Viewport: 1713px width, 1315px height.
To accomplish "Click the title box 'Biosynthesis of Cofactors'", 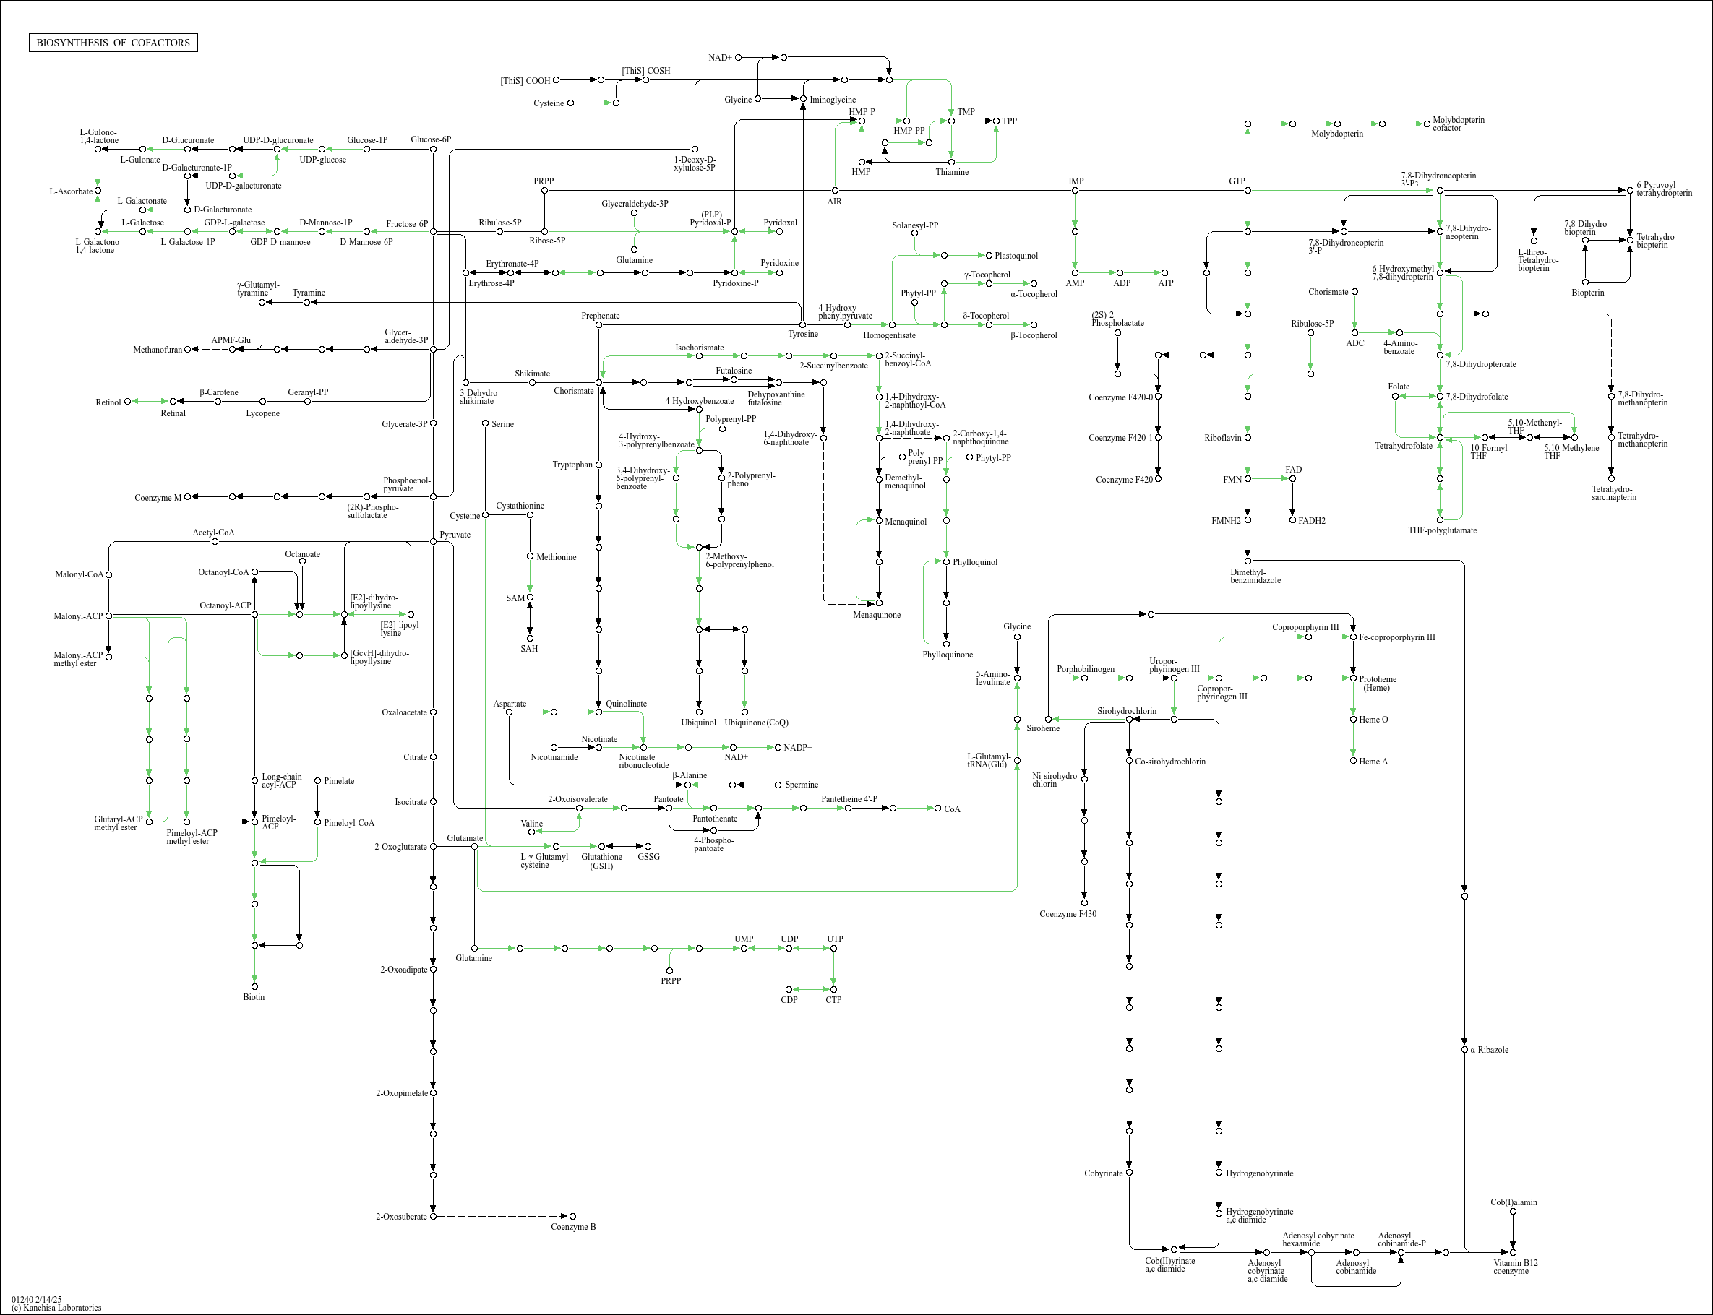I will click(x=113, y=42).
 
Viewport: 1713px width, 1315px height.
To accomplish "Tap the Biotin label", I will click(x=254, y=997).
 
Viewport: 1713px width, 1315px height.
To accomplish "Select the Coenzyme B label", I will click(x=573, y=1227).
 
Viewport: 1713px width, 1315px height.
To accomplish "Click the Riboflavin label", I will click(x=1222, y=438).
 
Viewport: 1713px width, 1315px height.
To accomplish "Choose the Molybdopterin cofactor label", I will click(x=1458, y=124).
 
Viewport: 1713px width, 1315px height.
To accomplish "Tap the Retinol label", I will click(x=108, y=402).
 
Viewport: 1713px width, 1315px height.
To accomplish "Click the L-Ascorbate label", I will click(x=70, y=191).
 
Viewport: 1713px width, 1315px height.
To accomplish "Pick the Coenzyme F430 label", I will click(x=1068, y=913).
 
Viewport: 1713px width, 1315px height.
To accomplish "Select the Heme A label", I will click(x=1373, y=762).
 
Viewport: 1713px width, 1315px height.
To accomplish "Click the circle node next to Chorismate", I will click(x=599, y=383).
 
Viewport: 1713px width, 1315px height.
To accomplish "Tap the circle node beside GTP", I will click(x=1248, y=190).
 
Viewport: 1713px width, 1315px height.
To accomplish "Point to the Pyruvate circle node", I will click(x=434, y=541).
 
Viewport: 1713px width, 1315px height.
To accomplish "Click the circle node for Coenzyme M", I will click(x=187, y=497).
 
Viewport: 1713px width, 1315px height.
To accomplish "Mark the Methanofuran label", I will click(x=158, y=350).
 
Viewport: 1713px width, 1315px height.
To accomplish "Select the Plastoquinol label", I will click(x=1016, y=256).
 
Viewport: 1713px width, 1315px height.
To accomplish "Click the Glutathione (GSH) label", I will click(x=601, y=861).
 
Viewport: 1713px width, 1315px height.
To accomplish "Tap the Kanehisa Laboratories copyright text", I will click(x=56, y=1307).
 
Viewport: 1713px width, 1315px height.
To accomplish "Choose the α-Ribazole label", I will click(x=1489, y=1050).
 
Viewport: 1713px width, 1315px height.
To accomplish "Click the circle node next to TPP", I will click(x=997, y=121).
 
